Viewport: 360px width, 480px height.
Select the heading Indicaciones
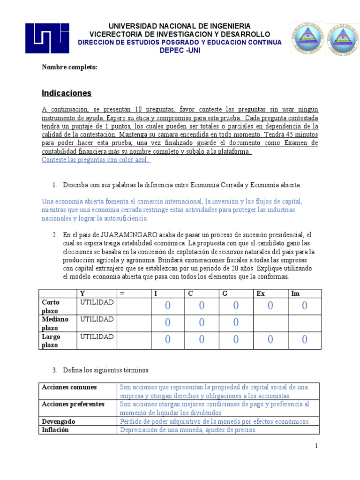click(67, 93)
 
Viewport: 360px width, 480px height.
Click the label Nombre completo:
click(69, 67)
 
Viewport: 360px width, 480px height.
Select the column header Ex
click(261, 293)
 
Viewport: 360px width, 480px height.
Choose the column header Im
click(296, 293)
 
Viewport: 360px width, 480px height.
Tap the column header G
click(225, 293)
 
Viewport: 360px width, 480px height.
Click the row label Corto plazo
click(52, 306)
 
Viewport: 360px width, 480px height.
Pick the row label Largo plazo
click(52, 340)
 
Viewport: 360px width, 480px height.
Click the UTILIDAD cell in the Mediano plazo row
click(97, 319)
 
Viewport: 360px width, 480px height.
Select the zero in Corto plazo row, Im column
click(304, 306)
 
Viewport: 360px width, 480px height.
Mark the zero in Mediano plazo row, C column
click(202, 323)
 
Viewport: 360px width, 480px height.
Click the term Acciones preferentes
click(73, 404)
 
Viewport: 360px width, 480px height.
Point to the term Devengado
click(59, 421)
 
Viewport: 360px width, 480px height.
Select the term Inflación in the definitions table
click(55, 429)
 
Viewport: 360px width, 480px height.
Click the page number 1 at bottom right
click(317, 446)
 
